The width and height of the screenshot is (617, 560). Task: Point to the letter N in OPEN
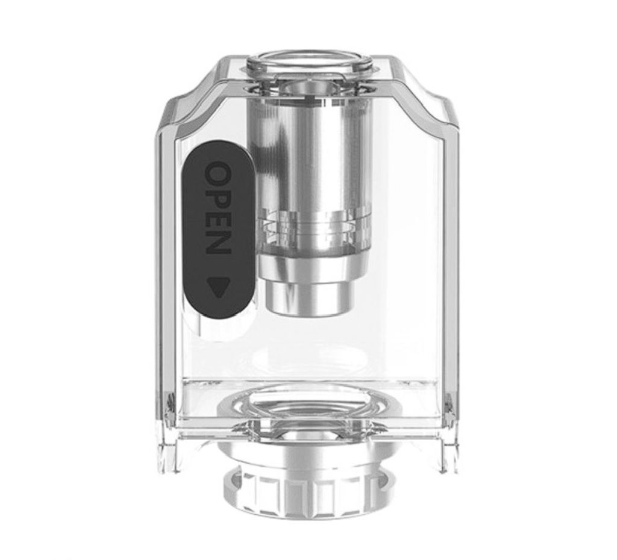tap(218, 243)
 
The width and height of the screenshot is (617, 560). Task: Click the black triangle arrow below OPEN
tap(218, 284)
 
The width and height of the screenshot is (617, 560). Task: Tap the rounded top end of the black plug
tap(218, 151)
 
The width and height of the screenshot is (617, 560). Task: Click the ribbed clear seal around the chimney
tap(308, 226)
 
